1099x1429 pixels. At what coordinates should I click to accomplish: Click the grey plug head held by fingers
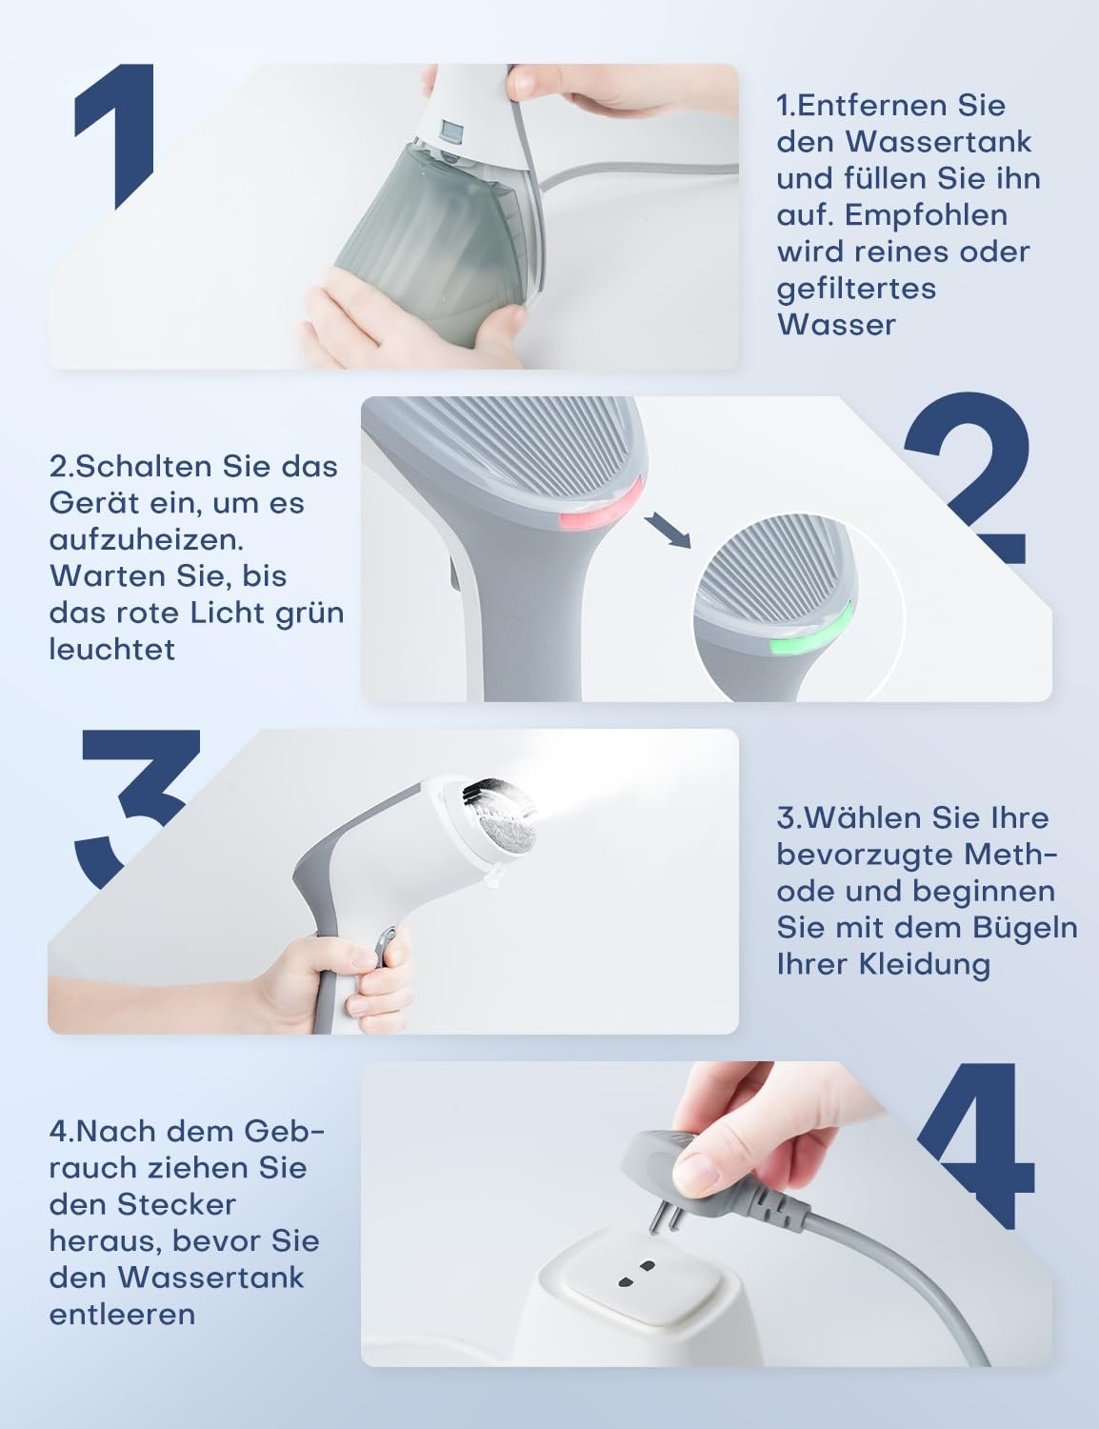[x=709, y=1177]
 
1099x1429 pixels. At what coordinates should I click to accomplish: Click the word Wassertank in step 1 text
[x=938, y=142]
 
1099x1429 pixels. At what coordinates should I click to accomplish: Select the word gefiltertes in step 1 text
[x=856, y=290]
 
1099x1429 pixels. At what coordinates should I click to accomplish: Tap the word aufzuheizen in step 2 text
[x=147, y=540]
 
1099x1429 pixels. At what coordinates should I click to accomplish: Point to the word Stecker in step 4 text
[x=176, y=1205]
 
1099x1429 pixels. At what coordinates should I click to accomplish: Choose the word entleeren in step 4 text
[x=122, y=1316]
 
